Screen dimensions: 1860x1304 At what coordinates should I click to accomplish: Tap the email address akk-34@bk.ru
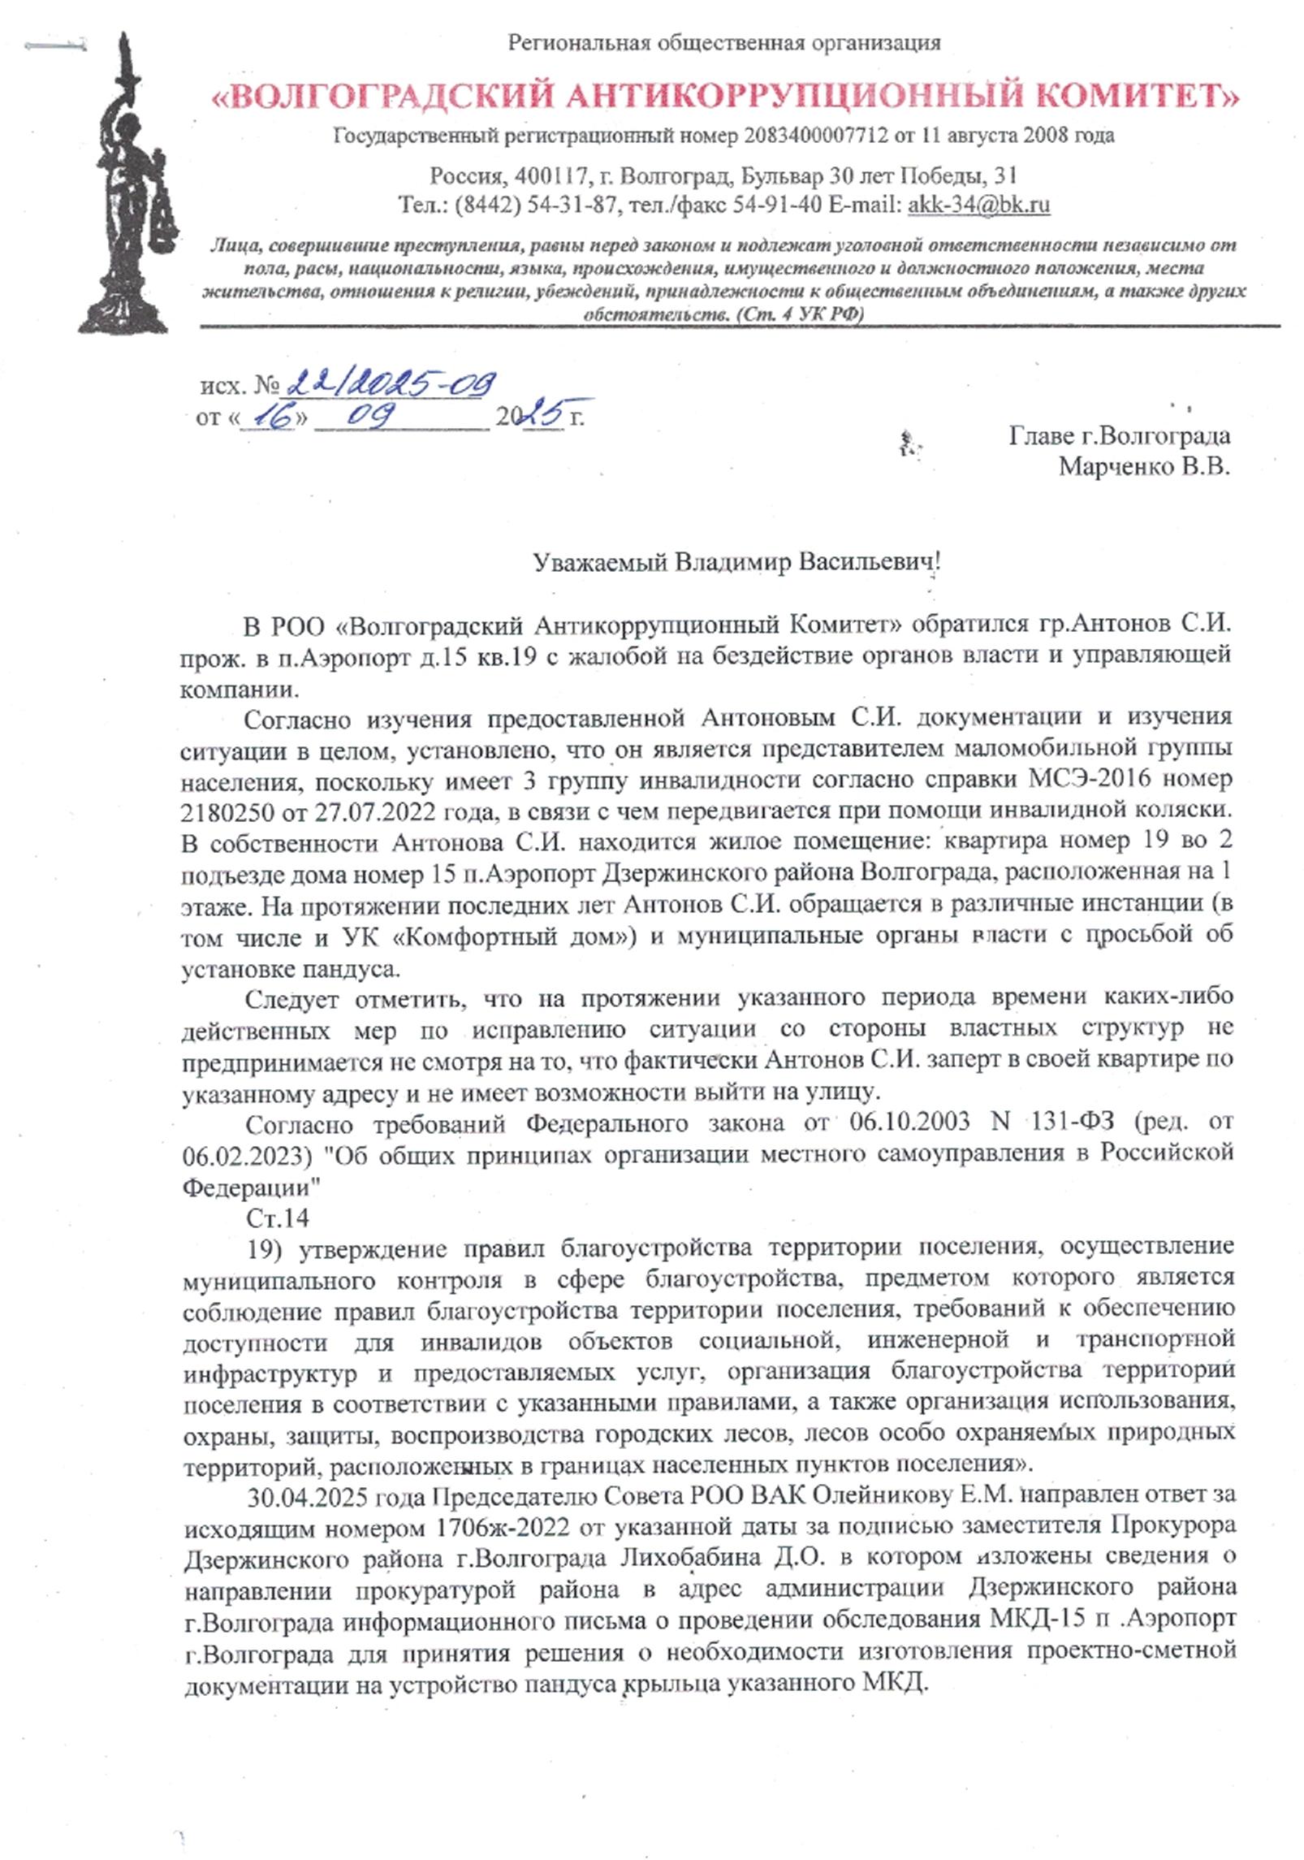[978, 205]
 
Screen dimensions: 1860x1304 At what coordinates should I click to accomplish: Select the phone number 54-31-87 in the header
[571, 205]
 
